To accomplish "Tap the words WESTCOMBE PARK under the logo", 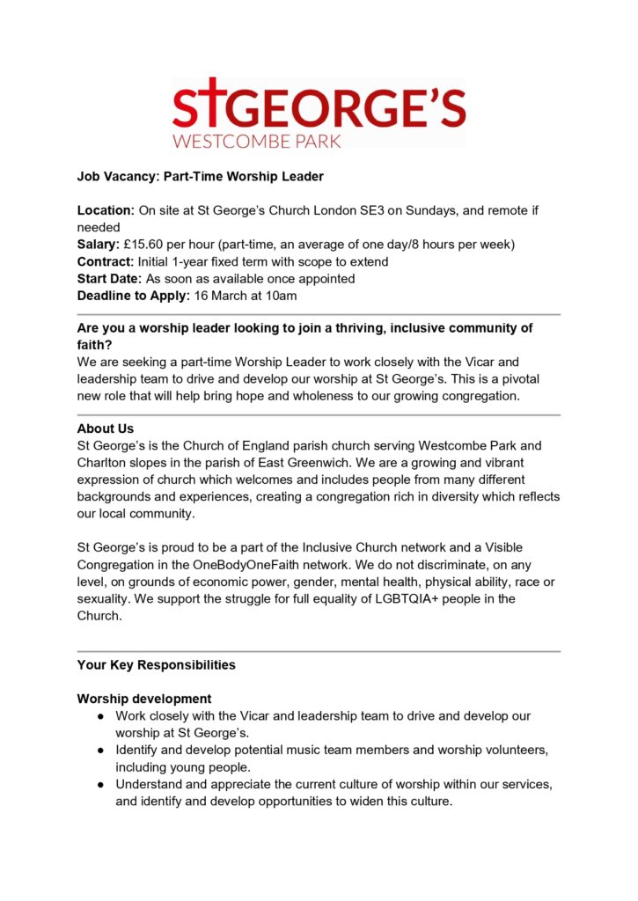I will click(256, 141).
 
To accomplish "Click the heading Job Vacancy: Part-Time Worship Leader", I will click(201, 177).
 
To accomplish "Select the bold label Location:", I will click(106, 210).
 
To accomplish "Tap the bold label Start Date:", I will click(109, 278).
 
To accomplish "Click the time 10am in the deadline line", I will click(282, 295).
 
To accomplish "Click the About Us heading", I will click(106, 429).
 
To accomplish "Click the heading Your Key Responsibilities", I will click(157, 665).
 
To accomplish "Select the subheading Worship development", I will click(144, 699).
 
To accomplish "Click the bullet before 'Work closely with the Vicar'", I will click(102, 716).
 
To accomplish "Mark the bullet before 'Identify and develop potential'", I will click(102, 750).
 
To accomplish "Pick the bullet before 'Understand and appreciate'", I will click(102, 783).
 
